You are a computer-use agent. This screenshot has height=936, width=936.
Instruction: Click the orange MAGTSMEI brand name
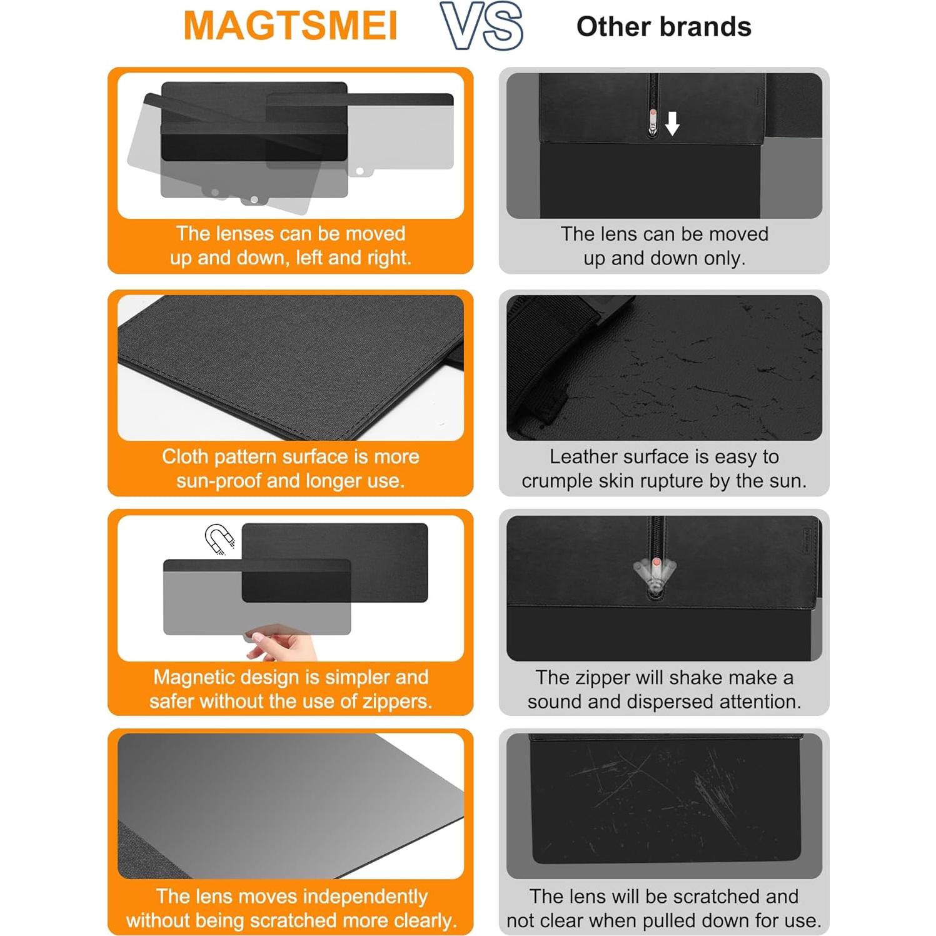[290, 26]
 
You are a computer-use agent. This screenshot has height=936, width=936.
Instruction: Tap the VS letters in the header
[481, 26]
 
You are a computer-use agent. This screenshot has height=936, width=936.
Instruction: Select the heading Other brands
[663, 27]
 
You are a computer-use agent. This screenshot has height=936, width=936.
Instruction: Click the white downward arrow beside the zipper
[672, 123]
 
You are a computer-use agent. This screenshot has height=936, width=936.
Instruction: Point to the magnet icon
[219, 538]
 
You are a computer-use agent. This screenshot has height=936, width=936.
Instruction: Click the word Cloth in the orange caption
[185, 456]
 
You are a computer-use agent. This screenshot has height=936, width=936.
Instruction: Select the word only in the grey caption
[725, 258]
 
